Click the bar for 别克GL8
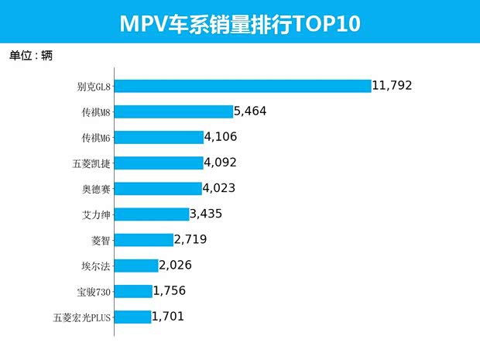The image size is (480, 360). point(242,86)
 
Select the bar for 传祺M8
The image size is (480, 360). point(173,111)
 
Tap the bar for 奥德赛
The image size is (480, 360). point(158,188)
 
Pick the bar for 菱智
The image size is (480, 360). point(144,239)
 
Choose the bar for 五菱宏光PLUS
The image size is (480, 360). point(132,316)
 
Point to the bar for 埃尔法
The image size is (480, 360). point(135,266)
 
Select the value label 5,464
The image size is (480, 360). point(249,111)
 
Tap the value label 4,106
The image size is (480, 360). point(220,137)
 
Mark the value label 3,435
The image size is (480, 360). point(206,214)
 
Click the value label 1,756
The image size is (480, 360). point(169,291)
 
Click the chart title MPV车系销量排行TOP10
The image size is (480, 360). point(240,23)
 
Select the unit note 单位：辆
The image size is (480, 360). point(31,56)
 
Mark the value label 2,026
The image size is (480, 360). point(175,266)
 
